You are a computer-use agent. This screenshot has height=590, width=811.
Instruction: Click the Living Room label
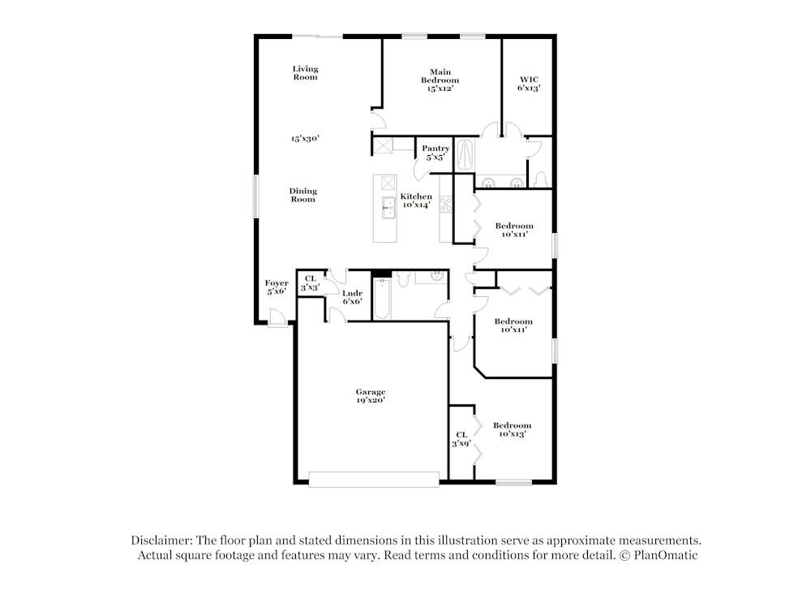click(305, 73)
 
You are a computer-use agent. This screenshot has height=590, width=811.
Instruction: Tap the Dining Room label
click(303, 195)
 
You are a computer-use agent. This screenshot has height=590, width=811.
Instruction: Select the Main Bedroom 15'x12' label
click(440, 80)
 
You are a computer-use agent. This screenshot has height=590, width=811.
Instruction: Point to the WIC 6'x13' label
click(529, 84)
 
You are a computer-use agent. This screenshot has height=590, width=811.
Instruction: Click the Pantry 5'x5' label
click(436, 153)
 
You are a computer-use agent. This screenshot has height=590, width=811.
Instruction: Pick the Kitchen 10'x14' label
click(416, 200)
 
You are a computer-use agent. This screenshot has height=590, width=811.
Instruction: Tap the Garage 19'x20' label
click(370, 395)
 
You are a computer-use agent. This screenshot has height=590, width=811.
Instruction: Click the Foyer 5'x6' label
click(277, 286)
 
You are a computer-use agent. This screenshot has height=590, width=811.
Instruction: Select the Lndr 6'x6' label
click(352, 296)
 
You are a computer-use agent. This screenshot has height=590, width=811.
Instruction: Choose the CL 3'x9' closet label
click(461, 439)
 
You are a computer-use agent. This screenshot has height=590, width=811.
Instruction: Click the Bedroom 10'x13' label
click(513, 429)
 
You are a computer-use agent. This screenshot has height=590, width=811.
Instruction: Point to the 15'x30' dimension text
click(305, 139)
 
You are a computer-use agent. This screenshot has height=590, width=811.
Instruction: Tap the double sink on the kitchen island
click(387, 208)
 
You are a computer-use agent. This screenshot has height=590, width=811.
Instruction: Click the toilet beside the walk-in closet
click(541, 179)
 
